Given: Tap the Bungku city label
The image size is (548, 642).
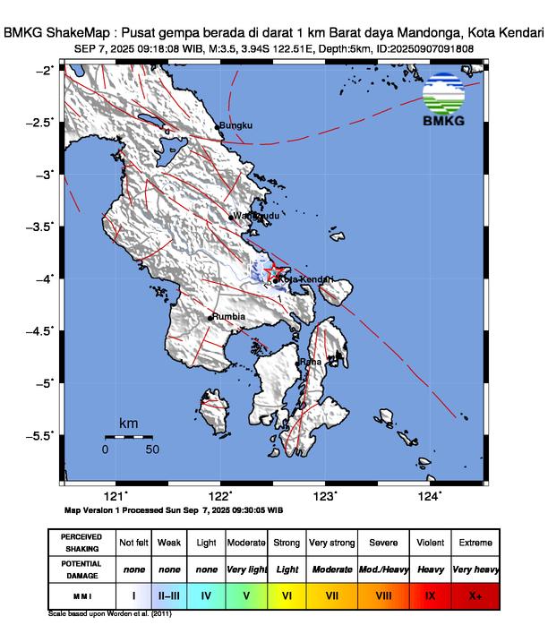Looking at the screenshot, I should [x=237, y=126].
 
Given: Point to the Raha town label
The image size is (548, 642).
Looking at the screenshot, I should [x=311, y=362].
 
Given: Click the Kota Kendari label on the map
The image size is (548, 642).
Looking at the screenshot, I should [x=305, y=280].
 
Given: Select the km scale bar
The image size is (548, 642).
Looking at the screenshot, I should [x=128, y=437].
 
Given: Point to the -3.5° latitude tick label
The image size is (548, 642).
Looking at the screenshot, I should [x=42, y=227].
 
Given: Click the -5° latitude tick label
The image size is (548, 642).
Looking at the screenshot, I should [x=45, y=383].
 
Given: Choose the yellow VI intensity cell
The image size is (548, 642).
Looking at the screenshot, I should [x=287, y=595].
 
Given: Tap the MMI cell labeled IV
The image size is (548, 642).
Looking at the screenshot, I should [x=206, y=595].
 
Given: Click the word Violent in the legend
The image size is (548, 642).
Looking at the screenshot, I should [x=429, y=543].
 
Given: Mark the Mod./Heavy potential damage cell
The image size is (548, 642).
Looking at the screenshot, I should [x=383, y=569].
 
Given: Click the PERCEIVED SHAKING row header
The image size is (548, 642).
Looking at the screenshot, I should [x=81, y=543].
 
